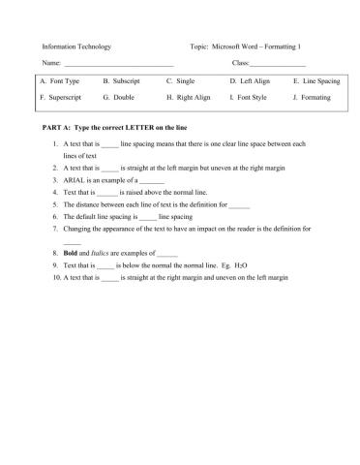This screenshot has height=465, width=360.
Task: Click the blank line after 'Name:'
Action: coord(117,65)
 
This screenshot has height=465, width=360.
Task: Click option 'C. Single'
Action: coord(181,81)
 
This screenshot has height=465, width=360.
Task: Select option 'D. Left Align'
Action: coord(250,81)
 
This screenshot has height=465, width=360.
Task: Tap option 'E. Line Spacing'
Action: coord(315,81)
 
